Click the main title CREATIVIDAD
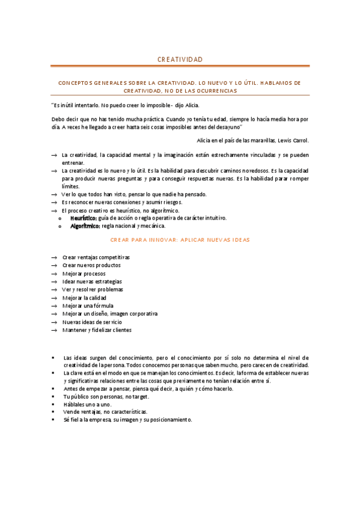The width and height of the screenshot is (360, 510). pos(180,60)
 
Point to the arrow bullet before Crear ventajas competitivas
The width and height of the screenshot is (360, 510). pos(55,257)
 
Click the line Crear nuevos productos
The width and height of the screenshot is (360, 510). pos(91,265)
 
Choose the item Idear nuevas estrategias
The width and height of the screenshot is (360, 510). pos(92,281)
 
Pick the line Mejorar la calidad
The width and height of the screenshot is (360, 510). pos(85,298)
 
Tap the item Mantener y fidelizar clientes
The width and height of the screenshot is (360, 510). pos(97,330)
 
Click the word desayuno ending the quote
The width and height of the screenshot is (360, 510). pos(227,127)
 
